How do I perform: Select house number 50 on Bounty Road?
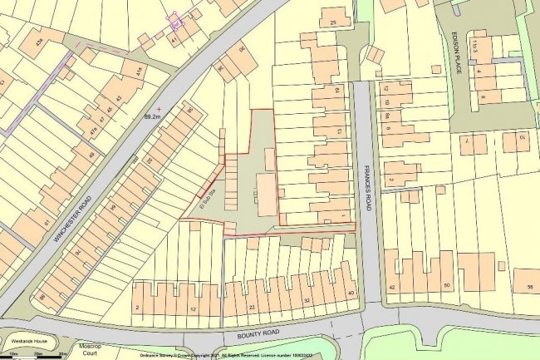point(448,286)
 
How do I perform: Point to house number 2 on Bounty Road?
point(138,308)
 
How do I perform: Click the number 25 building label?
point(334,22)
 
